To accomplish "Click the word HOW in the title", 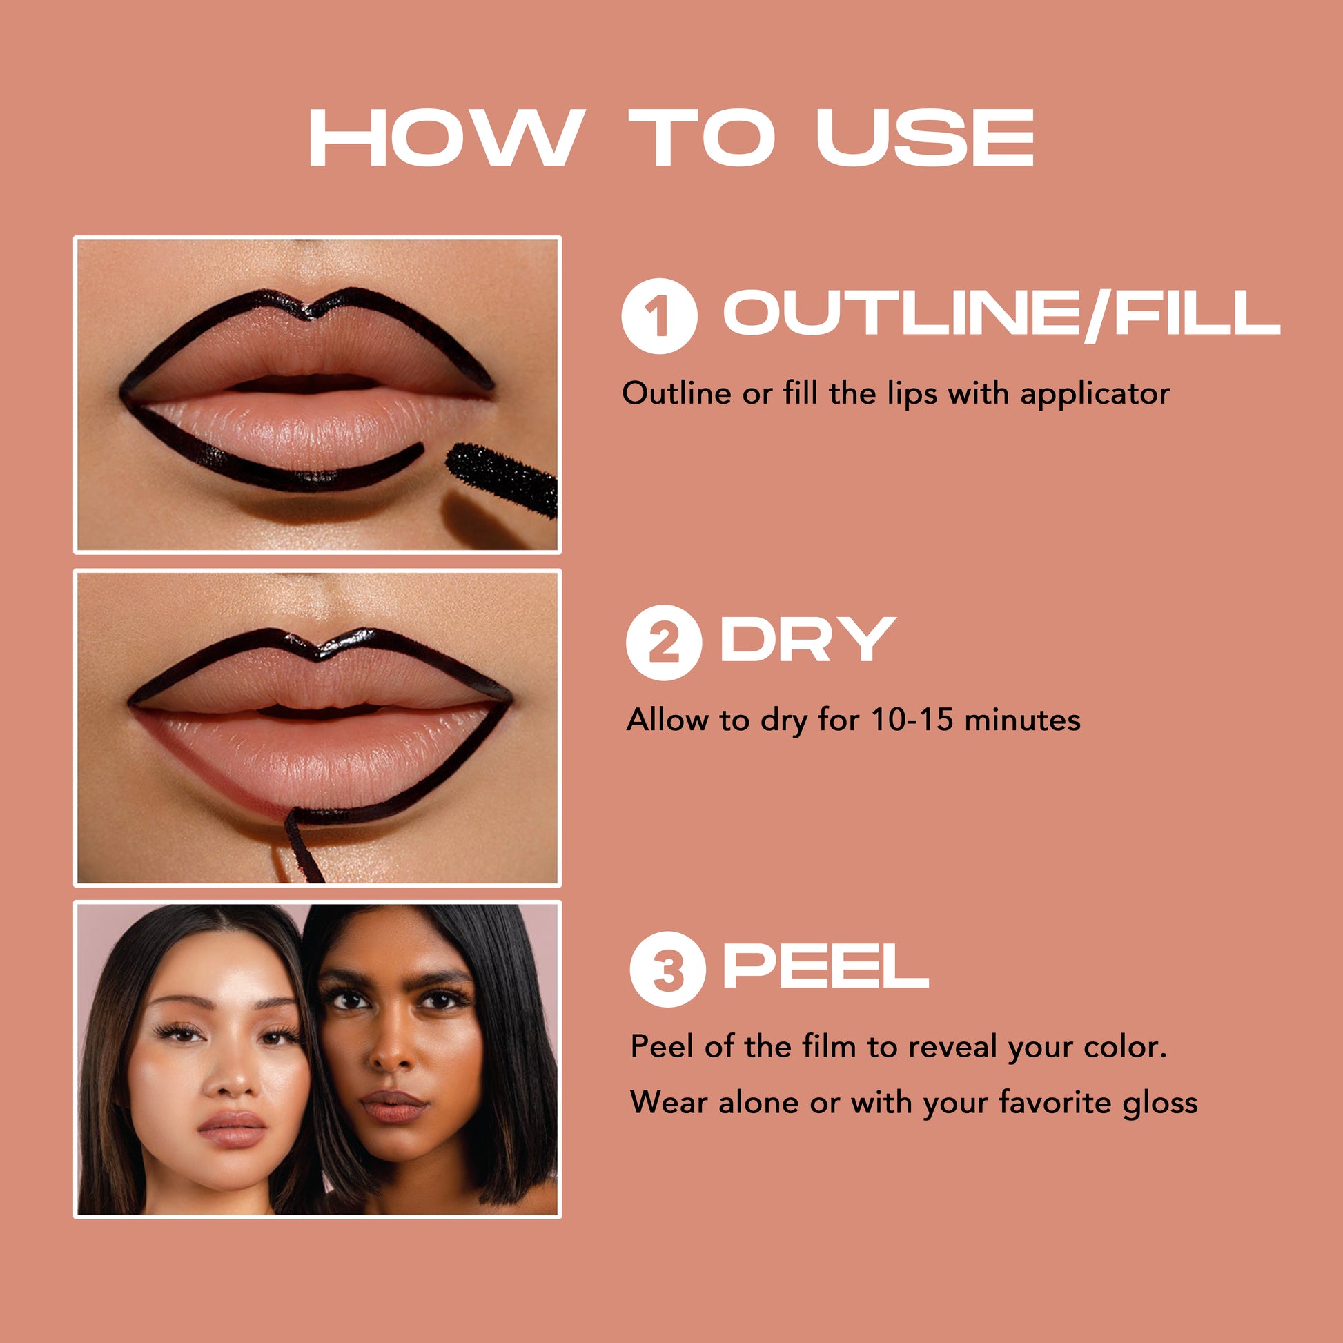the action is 444,137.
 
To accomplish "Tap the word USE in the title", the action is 925,137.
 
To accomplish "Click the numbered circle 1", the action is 659,315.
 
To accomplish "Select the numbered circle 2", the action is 663,643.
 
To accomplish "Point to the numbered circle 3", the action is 667,969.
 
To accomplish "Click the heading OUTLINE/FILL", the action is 1001,313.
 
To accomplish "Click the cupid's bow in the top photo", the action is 311,311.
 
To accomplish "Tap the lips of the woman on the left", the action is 232,1129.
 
